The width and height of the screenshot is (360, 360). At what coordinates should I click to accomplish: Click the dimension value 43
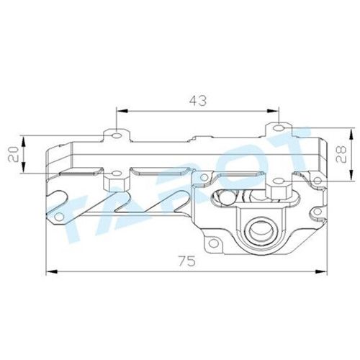click(x=198, y=101)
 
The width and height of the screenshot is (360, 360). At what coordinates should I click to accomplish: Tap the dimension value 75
click(x=187, y=261)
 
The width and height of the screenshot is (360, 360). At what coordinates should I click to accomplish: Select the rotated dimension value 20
click(x=14, y=154)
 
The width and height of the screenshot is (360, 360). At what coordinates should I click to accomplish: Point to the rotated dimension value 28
click(x=341, y=154)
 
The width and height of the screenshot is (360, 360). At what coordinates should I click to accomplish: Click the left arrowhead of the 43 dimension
click(x=122, y=111)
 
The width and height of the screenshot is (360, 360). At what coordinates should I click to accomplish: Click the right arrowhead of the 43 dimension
click(x=274, y=111)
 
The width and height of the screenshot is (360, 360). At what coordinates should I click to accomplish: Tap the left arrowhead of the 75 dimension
click(x=51, y=271)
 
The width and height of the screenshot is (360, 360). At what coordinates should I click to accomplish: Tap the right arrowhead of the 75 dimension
click(x=321, y=271)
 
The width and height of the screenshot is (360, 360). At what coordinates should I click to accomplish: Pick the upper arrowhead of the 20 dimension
click(x=24, y=142)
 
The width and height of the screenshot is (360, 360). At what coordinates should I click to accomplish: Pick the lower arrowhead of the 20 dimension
click(x=24, y=167)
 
